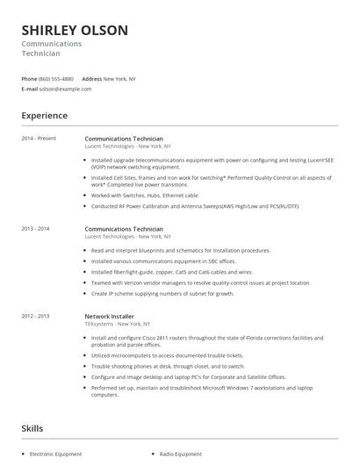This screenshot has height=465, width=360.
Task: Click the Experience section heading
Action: click(44, 115)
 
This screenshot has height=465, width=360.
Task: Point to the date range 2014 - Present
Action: click(38, 139)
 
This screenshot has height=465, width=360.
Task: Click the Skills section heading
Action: click(32, 428)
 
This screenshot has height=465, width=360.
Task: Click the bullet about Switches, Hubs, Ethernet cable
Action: click(145, 195)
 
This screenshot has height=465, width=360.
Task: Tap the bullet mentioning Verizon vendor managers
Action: click(200, 283)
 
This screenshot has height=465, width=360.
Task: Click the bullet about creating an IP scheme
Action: click(162, 293)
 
